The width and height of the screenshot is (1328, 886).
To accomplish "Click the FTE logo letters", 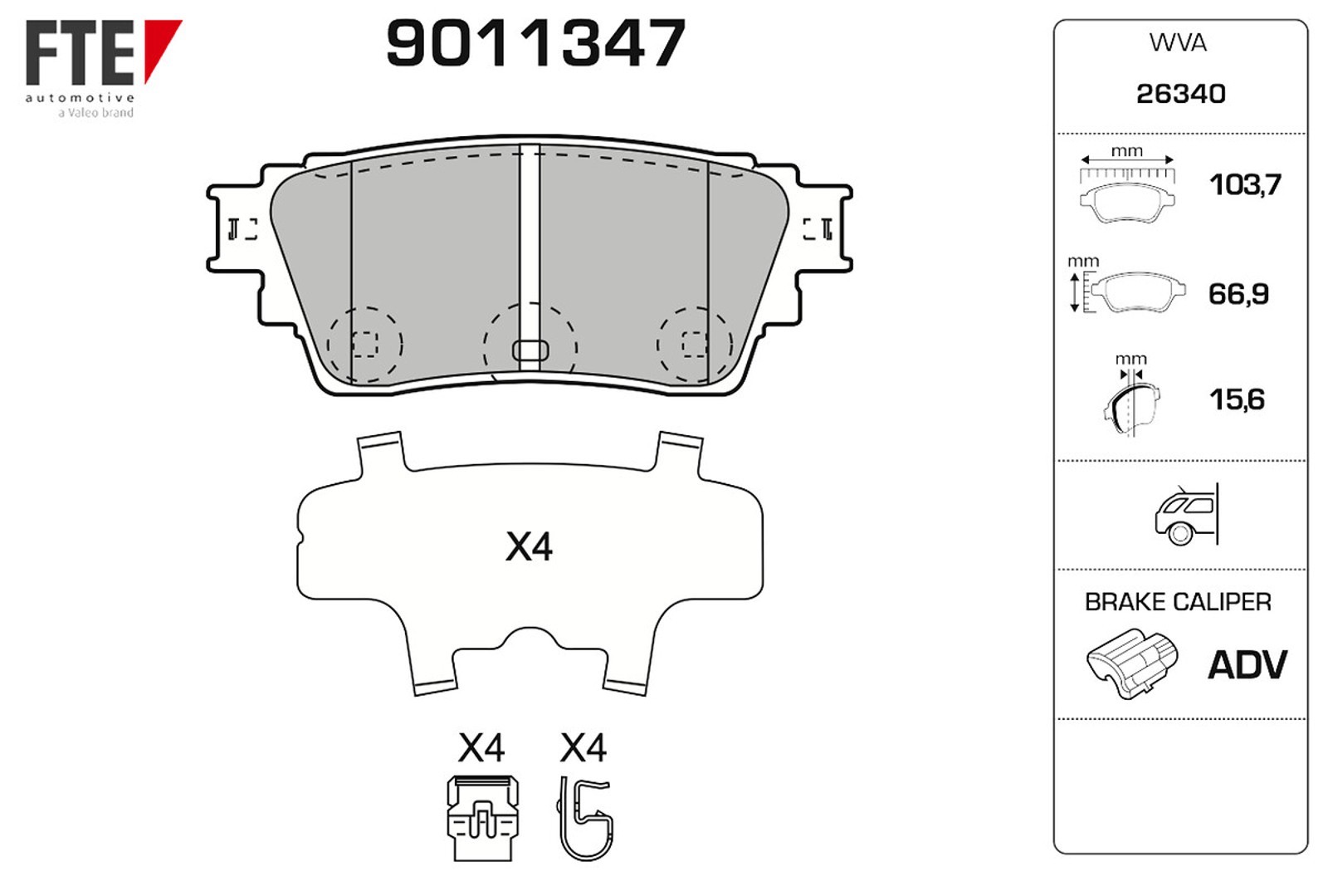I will tap(81, 54).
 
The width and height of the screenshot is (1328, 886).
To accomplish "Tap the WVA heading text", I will tap(1178, 43).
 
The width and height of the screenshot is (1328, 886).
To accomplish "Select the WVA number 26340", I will tap(1180, 94).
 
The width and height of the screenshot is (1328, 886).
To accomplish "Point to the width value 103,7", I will tap(1244, 184).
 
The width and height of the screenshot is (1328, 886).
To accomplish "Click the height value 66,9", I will tap(1238, 294).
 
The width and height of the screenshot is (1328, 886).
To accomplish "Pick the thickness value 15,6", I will tap(1237, 399).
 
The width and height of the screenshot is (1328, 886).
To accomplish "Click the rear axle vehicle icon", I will tap(1186, 515).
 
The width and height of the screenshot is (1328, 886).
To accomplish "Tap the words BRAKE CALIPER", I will tap(1178, 602).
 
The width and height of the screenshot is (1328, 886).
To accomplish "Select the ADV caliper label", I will tap(1247, 665).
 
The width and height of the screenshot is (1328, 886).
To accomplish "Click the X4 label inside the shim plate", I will tap(529, 547).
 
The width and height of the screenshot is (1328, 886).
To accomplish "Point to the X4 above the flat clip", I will tap(481, 748).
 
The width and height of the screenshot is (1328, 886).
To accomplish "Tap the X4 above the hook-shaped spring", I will tap(583, 748).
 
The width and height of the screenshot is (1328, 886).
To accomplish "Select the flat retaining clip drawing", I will tap(483, 818).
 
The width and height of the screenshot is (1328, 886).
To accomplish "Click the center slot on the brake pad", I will tap(530, 350).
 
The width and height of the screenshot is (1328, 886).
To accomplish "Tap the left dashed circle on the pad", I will tap(365, 344).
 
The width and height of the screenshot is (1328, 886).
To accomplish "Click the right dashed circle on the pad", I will tap(695, 344).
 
